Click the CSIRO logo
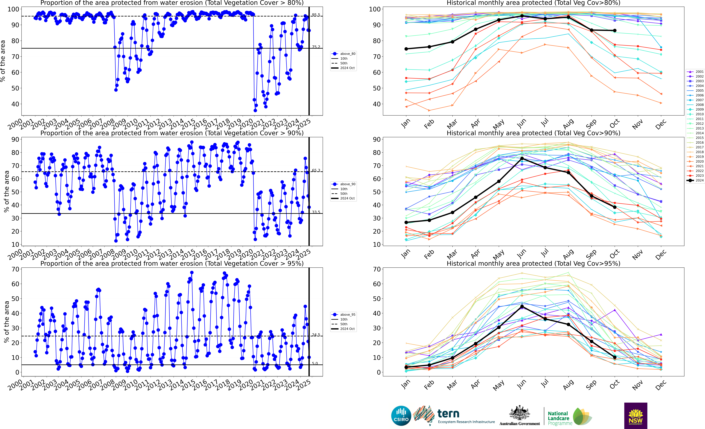tap(401, 416)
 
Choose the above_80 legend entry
tap(343, 54)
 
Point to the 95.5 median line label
tap(316, 15)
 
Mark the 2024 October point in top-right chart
tap(615, 31)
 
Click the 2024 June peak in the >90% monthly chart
tap(522, 158)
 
